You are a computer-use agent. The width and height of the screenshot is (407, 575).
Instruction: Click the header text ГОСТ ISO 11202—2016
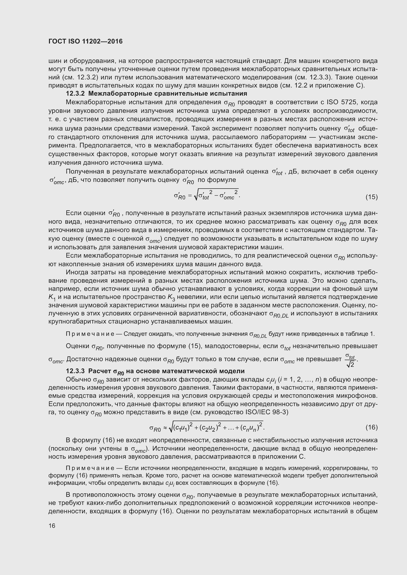click(85, 41)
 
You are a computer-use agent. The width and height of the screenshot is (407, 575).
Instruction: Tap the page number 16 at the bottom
click(52, 526)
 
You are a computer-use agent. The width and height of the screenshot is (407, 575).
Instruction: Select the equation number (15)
click(371, 197)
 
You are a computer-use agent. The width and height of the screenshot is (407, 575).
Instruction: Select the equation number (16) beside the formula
click(371, 427)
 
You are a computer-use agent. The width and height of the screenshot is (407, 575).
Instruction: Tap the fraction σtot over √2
click(350, 360)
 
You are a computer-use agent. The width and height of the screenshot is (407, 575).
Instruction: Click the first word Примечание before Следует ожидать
click(90, 334)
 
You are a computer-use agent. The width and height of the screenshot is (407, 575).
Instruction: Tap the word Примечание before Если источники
click(90, 468)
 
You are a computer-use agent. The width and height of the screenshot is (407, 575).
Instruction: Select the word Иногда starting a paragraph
click(76, 272)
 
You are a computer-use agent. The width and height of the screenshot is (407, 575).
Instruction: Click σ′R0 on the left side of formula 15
click(179, 197)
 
